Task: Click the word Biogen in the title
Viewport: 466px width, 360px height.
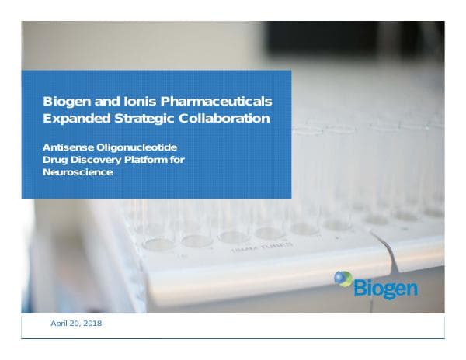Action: tap(64, 102)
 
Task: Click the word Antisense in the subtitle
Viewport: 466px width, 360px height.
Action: tap(68, 147)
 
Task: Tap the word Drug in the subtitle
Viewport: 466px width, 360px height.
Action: tap(54, 160)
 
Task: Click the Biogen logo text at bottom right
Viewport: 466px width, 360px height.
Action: tap(386, 289)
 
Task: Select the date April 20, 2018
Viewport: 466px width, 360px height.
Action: tap(75, 323)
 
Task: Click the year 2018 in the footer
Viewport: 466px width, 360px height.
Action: tap(91, 323)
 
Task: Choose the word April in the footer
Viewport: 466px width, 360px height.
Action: tap(59, 323)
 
